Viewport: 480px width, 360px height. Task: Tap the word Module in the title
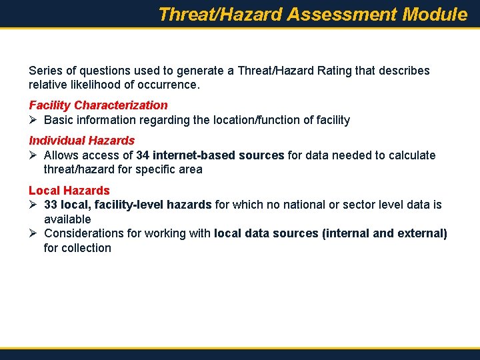tap(435, 15)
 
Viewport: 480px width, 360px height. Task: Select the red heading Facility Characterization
tap(98, 105)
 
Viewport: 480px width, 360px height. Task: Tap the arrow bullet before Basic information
tap(33, 120)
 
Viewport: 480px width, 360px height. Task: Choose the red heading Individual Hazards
tap(81, 141)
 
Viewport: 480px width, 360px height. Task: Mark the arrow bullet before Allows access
tap(33, 155)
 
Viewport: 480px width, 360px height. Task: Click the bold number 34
tap(143, 155)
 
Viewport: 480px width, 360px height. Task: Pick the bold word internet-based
tap(194, 155)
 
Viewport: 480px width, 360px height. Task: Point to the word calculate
tap(413, 155)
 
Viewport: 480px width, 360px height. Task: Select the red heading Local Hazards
tap(69, 191)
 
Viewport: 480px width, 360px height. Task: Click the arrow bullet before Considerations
tap(33, 233)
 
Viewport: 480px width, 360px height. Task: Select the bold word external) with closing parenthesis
tap(423, 233)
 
